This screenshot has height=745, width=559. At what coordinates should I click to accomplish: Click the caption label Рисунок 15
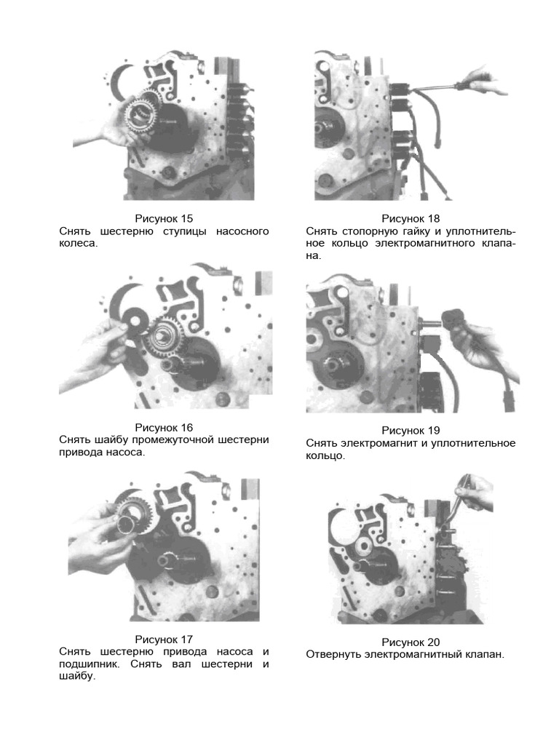[164, 218]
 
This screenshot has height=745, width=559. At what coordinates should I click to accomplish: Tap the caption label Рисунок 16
[164, 428]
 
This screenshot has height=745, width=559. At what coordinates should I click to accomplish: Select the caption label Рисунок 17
[164, 640]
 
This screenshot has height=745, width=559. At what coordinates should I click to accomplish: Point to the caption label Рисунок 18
[411, 218]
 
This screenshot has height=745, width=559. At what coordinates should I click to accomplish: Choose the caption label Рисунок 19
[411, 431]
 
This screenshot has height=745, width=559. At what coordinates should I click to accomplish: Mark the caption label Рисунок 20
[411, 642]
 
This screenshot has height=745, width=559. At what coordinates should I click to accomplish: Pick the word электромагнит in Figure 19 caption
[378, 443]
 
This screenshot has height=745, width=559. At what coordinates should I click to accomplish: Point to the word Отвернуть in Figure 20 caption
[333, 655]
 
